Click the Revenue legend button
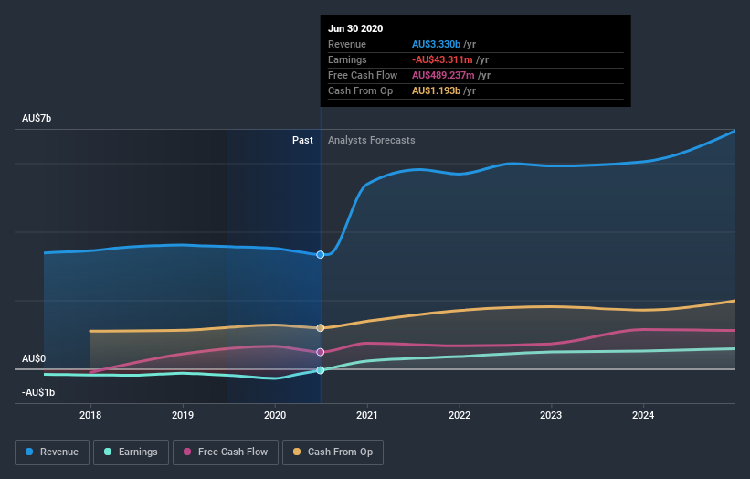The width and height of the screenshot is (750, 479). pos(53,452)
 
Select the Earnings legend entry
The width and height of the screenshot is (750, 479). pos(132,452)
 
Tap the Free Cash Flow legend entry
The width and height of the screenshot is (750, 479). pos(225,452)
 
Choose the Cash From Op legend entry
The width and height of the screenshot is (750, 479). pos(333,452)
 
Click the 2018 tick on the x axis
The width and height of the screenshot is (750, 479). pos(90,415)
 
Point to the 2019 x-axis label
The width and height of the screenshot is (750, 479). pos(183,415)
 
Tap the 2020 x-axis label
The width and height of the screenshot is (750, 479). pos(275,415)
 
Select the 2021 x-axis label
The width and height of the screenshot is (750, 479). pos(367,415)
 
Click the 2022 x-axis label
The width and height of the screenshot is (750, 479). pos(460,415)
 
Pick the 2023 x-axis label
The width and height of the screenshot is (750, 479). pos(552,415)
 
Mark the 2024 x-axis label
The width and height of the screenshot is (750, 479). pos(643,415)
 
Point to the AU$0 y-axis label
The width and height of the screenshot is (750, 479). pos(34,359)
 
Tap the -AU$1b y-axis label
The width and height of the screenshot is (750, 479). pos(38,392)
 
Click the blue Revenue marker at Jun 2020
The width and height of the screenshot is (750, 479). pos(321,254)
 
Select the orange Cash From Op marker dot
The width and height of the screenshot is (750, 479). pos(321,327)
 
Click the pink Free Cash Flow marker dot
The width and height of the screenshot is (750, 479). pos(321,352)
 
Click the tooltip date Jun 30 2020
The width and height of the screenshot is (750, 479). pos(355,28)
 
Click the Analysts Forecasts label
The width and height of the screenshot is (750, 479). pos(371,140)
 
